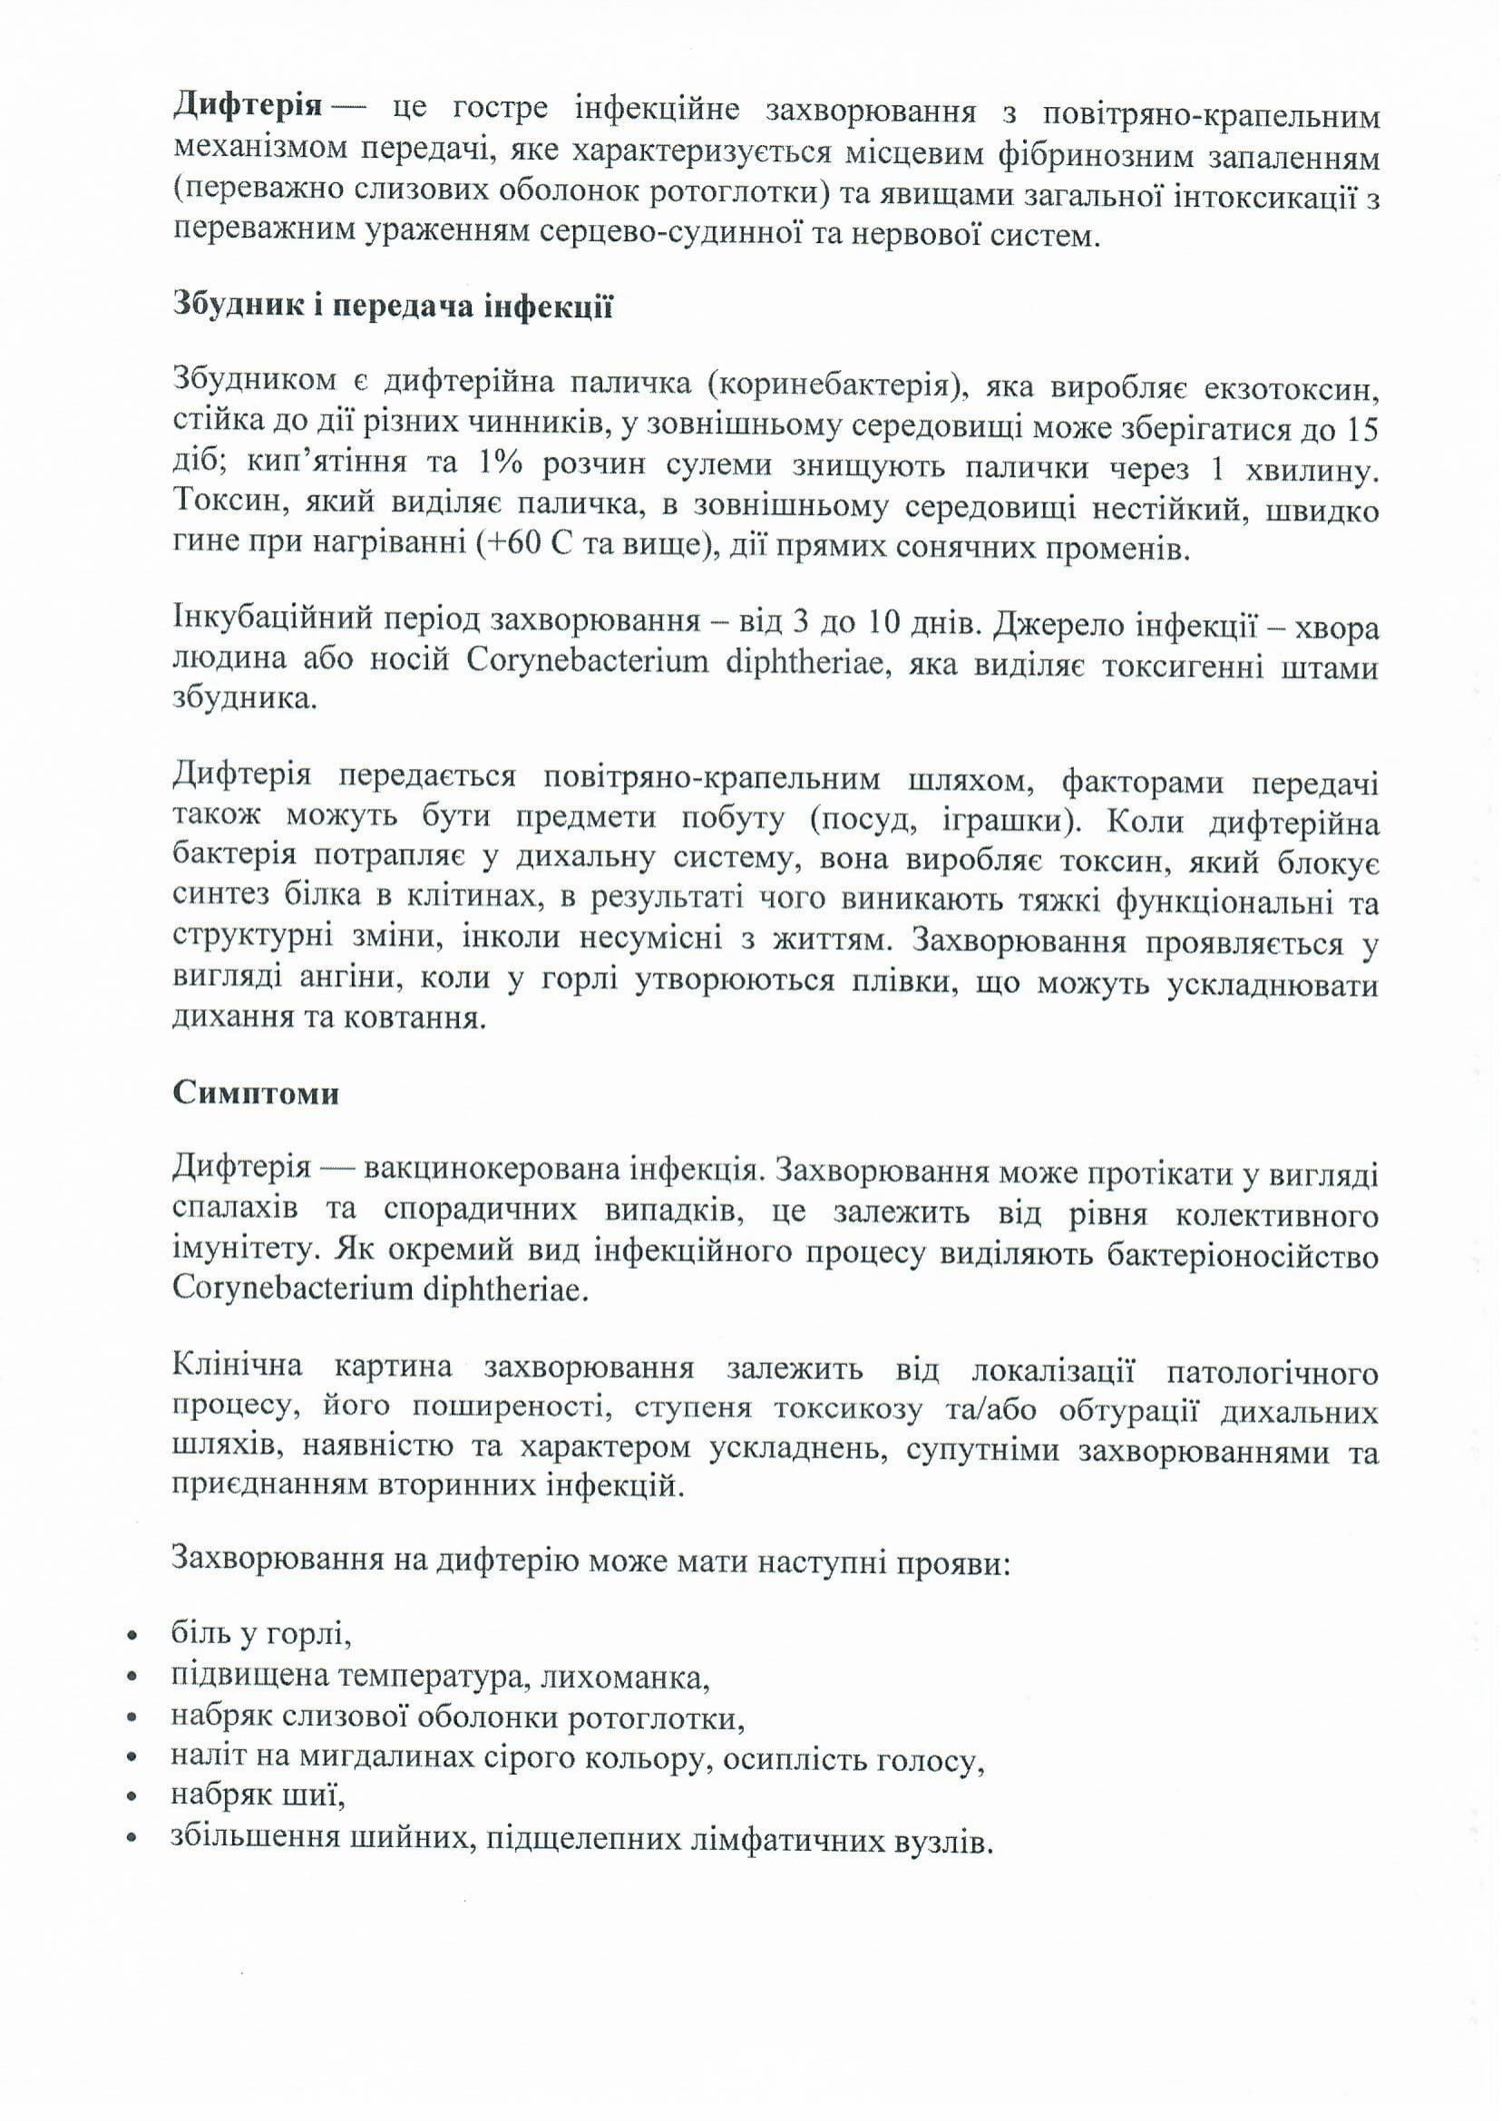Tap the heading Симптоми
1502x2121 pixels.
[x=255, y=1093]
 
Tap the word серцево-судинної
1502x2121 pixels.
[x=662, y=235]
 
